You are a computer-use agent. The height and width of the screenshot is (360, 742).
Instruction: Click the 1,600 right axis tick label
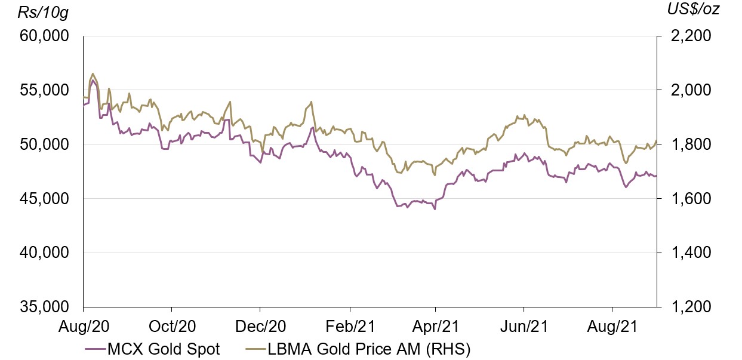pos(682,199)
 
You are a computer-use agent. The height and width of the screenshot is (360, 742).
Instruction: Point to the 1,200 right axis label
pos(682,307)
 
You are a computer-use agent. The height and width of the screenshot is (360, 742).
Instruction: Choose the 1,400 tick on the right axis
pos(682,253)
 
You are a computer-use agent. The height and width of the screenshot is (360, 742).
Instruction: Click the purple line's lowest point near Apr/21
pos(435,210)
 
